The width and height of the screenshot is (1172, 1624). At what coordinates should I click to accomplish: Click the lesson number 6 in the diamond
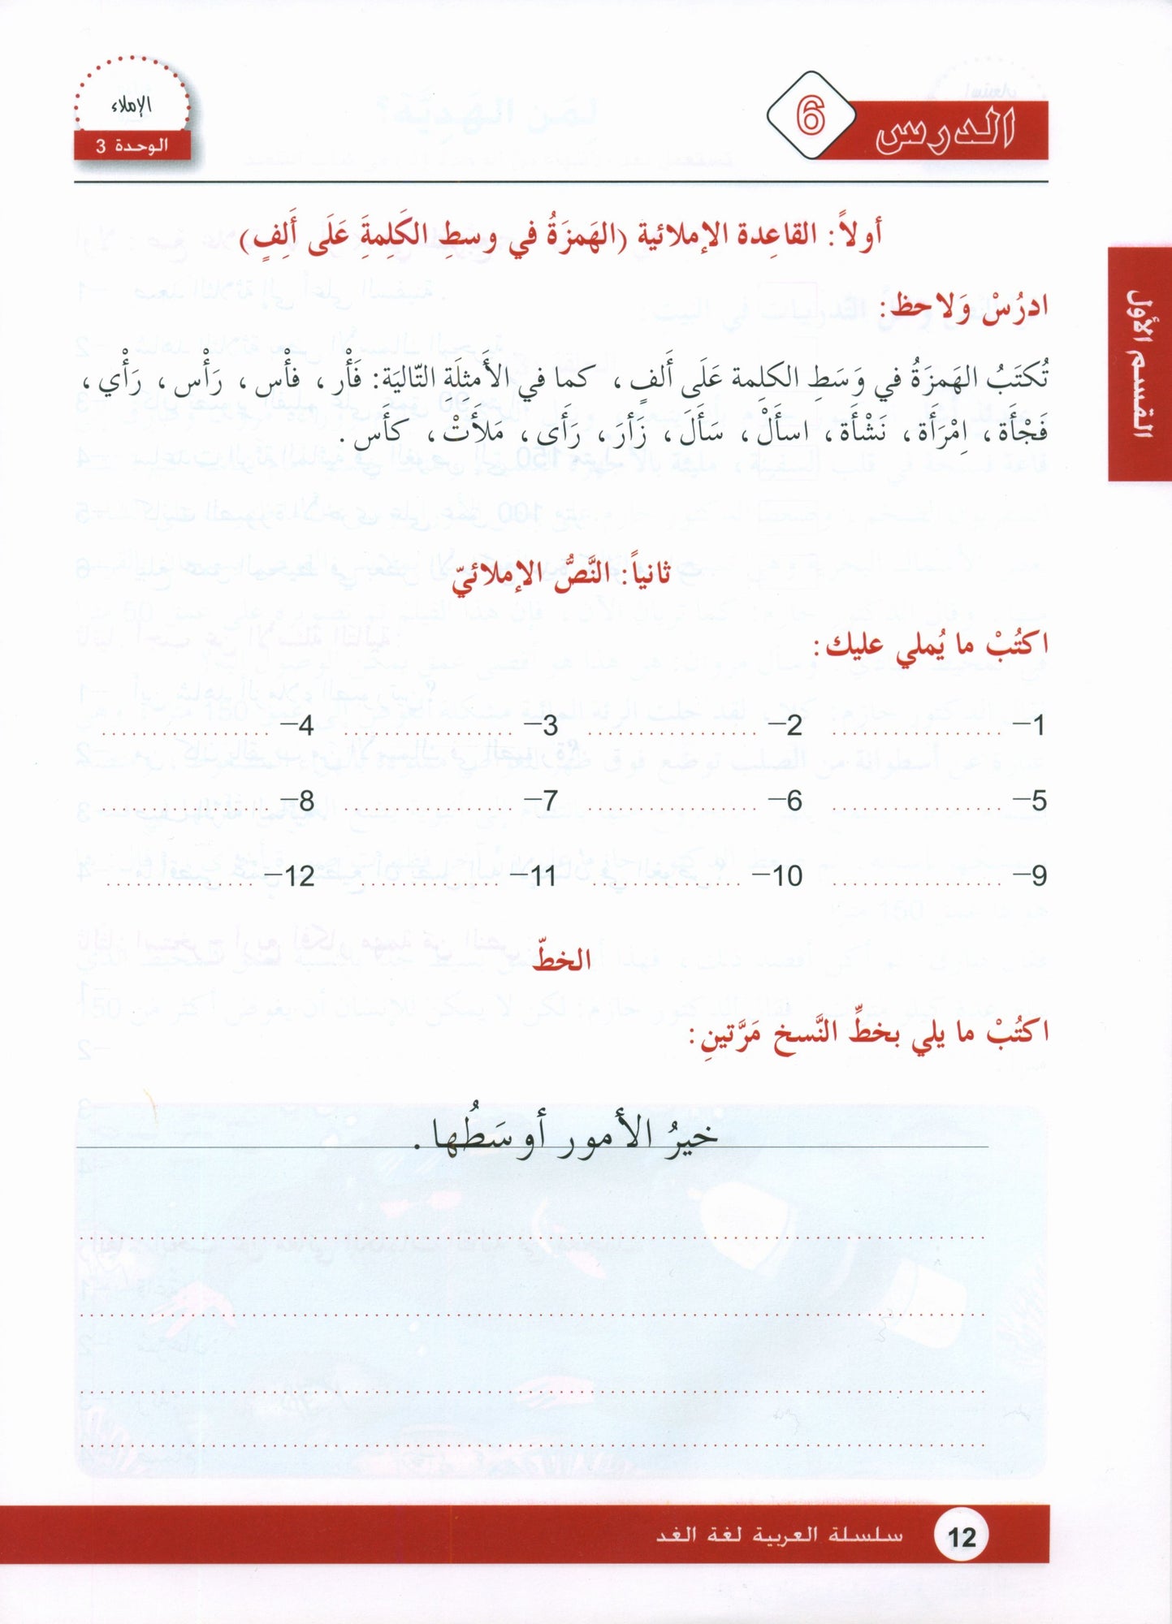810,117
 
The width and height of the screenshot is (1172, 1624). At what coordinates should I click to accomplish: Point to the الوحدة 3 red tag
132,146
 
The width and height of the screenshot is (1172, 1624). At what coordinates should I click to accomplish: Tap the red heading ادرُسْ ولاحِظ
969,308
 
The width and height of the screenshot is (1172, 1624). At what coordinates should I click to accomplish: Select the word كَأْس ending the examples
380,432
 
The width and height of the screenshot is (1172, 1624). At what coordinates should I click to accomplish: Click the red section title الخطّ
561,960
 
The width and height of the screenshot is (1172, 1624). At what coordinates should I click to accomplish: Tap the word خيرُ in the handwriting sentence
690,1135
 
